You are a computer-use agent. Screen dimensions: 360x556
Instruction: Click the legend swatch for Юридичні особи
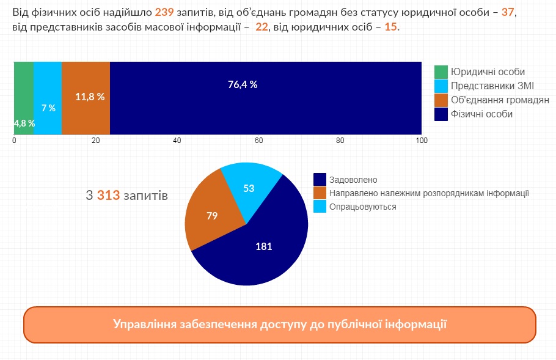click(x=441, y=72)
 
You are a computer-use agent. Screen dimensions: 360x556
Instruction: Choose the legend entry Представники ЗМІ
click(x=492, y=86)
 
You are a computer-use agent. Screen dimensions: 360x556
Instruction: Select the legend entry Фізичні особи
click(x=481, y=114)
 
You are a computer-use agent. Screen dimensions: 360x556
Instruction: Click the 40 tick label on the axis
click(x=177, y=141)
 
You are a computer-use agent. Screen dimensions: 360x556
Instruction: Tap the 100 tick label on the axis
click(x=422, y=141)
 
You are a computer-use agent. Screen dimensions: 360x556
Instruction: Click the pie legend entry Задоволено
click(x=353, y=180)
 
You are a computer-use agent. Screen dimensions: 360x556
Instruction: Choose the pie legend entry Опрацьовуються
click(x=362, y=207)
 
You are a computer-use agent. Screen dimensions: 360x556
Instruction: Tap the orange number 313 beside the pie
click(x=108, y=196)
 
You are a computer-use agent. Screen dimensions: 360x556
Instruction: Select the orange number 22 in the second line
click(x=262, y=28)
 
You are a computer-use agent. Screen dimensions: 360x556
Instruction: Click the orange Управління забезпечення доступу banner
click(x=279, y=324)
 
